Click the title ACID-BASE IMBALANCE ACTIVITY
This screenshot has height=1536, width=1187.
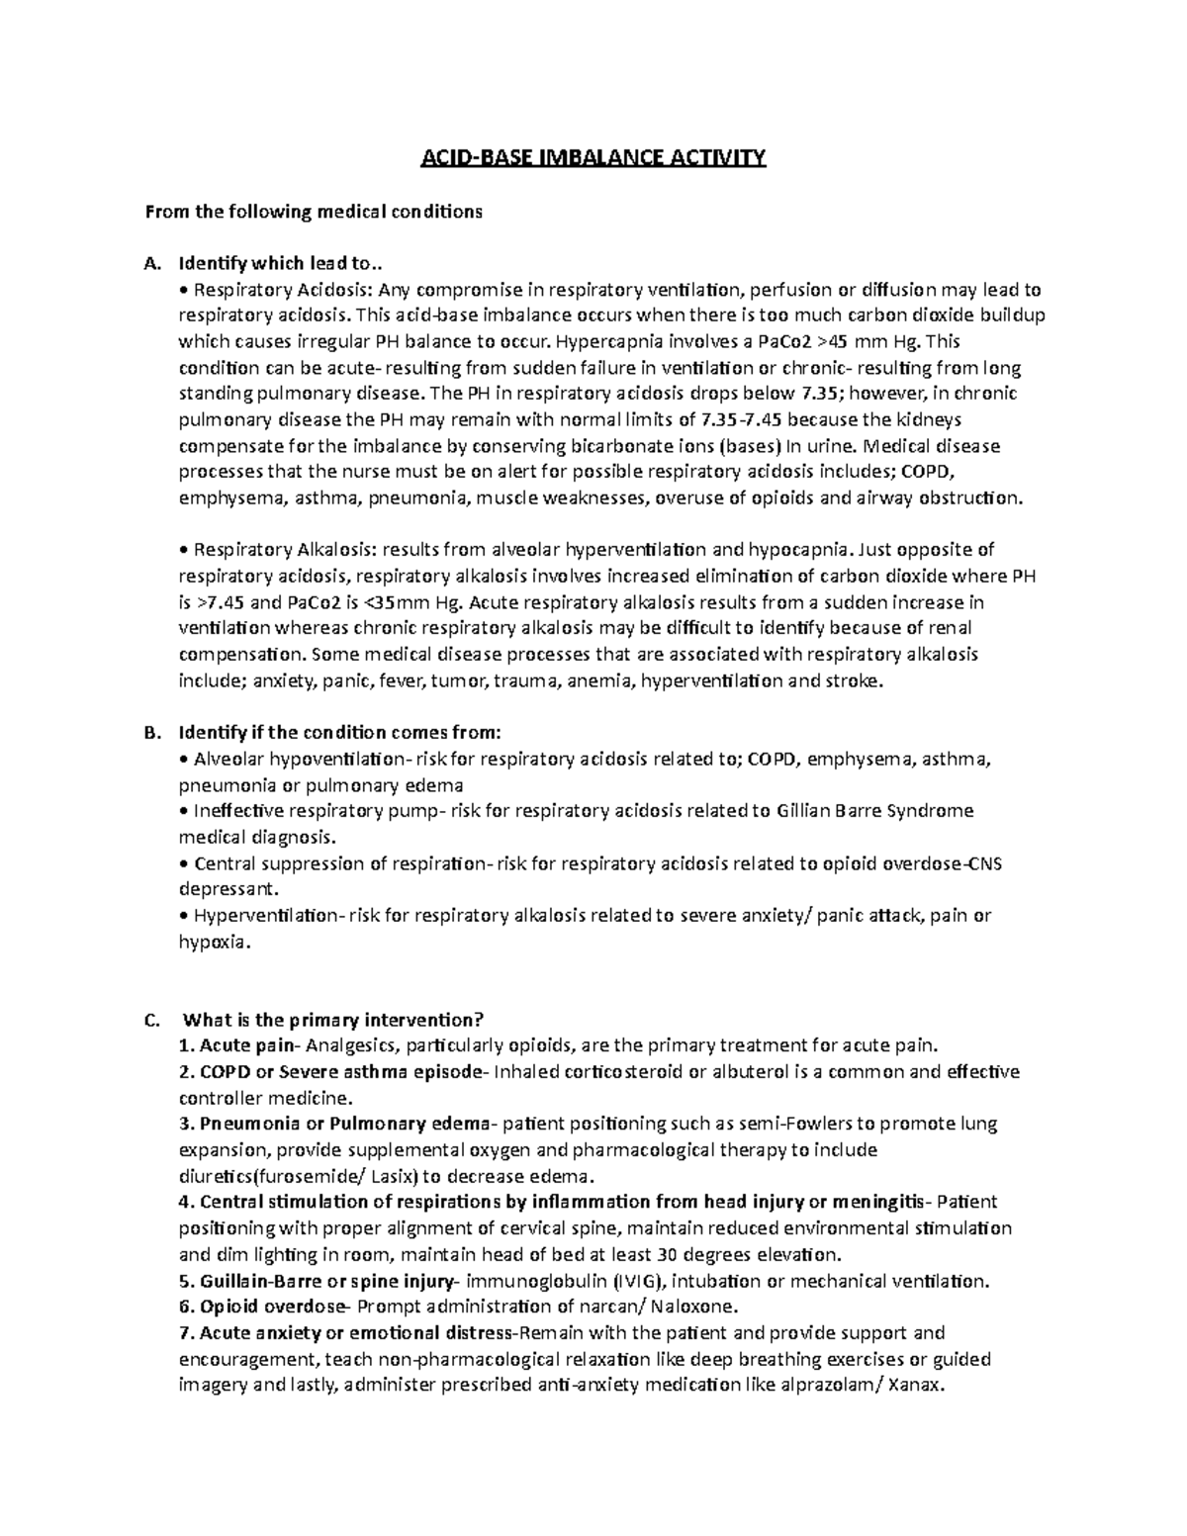pos(593,157)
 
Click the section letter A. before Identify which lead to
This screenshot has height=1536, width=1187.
pos(151,264)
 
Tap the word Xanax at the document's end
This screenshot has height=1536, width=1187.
pos(918,1385)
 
